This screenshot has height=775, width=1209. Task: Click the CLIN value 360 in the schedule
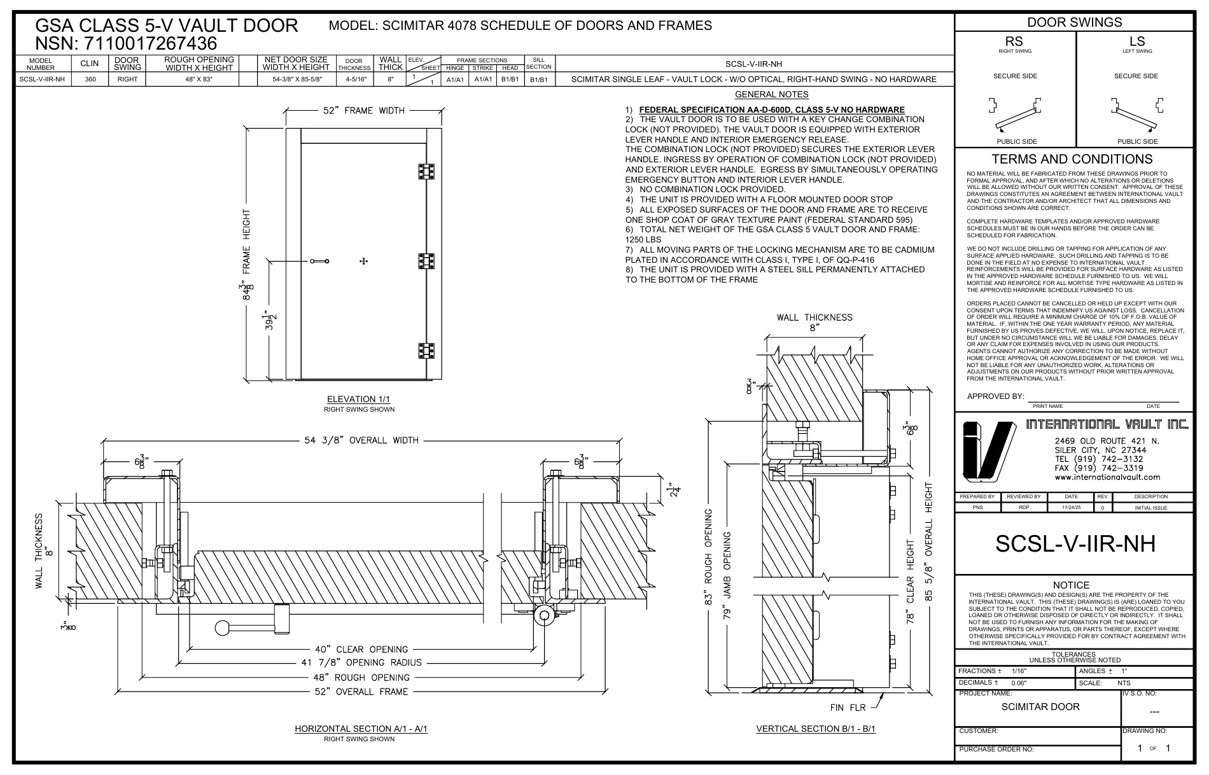[90, 80]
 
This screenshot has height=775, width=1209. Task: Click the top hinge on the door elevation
[426, 172]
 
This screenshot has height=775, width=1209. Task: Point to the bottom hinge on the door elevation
[426, 351]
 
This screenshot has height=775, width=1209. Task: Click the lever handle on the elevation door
[319, 261]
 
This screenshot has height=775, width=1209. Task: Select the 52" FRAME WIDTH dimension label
[363, 111]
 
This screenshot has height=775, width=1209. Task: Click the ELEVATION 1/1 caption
[359, 399]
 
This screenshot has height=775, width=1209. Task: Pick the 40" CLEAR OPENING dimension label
[361, 650]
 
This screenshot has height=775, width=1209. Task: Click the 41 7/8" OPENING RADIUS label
[361, 663]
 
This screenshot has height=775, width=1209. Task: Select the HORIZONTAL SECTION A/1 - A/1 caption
[361, 729]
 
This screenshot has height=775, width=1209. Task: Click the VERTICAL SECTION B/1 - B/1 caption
[816, 729]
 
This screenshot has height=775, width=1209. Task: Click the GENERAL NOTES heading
[771, 95]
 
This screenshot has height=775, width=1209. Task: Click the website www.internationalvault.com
[1107, 477]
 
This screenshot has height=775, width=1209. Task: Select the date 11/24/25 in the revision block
[1071, 508]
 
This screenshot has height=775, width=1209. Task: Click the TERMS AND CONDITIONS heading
[1072, 159]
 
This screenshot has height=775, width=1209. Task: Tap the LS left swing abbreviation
[1136, 42]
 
